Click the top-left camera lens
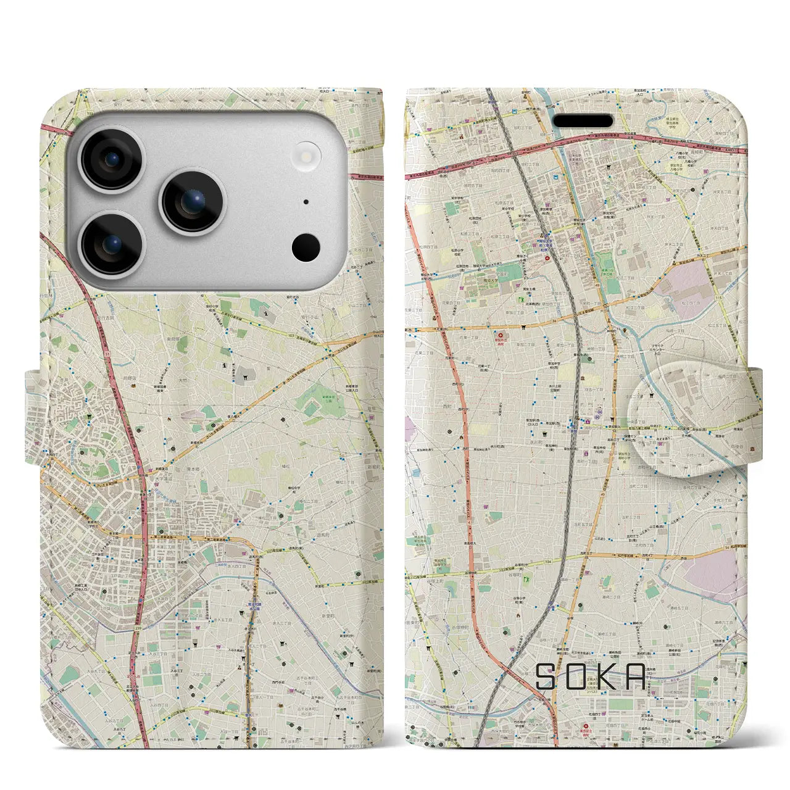(x=112, y=160)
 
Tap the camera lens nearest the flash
(x=193, y=201)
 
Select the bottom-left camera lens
(x=112, y=244)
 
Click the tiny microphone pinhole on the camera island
(x=306, y=202)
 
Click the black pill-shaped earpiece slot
(x=582, y=120)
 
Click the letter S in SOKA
(x=547, y=676)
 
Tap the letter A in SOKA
(x=636, y=676)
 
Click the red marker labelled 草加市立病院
(x=500, y=336)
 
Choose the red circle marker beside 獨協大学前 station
(x=546, y=259)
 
